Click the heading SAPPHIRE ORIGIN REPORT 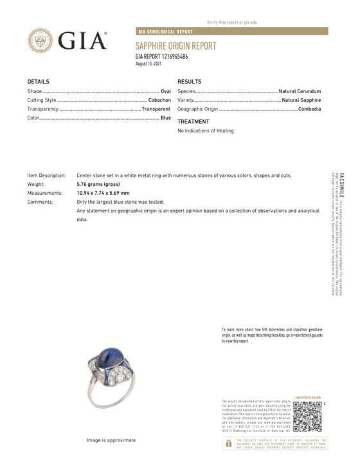pos(175,46)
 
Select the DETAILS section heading pos(38,82)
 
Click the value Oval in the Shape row pos(165,92)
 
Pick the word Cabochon pos(159,101)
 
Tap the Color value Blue pos(165,119)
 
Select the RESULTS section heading pos(189,82)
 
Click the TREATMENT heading pos(193,121)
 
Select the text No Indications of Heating pos(205,131)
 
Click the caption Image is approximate pos(111,440)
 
